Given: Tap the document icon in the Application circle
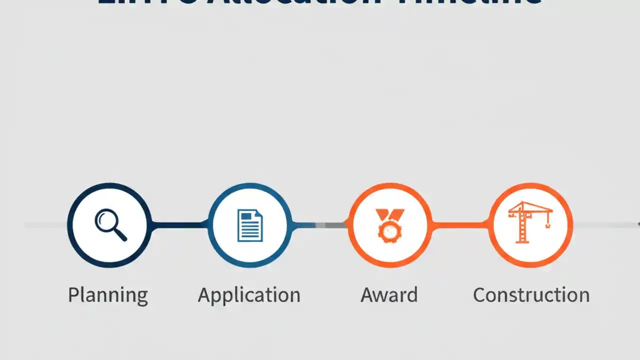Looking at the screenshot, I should tap(250, 225).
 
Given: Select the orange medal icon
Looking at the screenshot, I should tap(390, 225).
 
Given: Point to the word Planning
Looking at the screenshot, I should tap(108, 295).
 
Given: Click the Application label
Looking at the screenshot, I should tap(249, 295).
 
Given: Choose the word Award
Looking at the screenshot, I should tap(389, 295).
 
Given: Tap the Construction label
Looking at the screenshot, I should tap(531, 295).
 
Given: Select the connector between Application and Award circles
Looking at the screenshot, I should tap(320, 225).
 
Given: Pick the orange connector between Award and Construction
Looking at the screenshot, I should tap(460, 225).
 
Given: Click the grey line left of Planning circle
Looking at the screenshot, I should tap(45, 225).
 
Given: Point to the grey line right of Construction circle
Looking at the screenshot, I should tap(605, 225).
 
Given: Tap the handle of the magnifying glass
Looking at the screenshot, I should tap(121, 235).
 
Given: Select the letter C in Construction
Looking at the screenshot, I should tap(479, 295).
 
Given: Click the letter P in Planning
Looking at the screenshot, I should tap(73, 295).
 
